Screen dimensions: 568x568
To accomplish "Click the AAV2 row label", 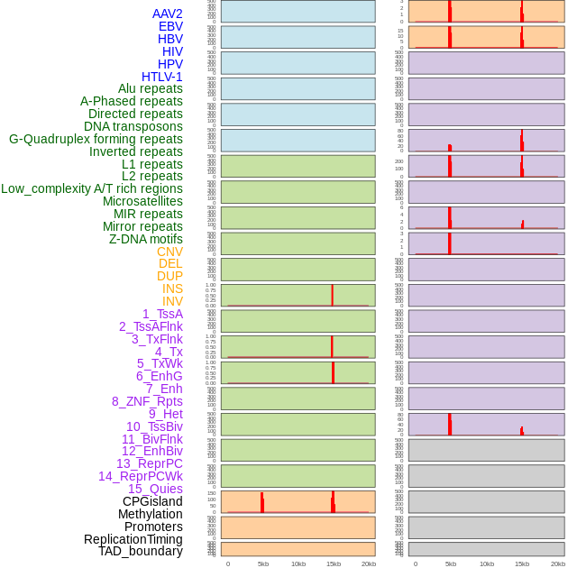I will coord(168,14).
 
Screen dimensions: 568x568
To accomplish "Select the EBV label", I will coord(170,26).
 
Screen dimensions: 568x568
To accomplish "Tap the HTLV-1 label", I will coord(162,77).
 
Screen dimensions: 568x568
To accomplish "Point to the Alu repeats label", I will coord(151,88).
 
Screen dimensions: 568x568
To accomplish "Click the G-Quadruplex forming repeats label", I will coord(96,139).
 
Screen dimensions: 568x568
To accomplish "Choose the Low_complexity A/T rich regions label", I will coord(92,188).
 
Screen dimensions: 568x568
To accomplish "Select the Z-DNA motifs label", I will coord(146,239).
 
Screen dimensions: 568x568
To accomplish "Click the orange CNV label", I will coord(169,252).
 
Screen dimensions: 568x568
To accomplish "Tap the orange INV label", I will coord(172,301).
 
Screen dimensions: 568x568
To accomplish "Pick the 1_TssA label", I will coord(162,314).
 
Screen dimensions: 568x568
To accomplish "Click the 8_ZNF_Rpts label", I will coord(147,401).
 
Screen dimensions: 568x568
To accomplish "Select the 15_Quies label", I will coord(155,489).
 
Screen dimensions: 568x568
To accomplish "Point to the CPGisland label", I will coord(152,501).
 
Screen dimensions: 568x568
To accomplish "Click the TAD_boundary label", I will coord(141,551).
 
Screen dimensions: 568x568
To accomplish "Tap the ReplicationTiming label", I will coord(133,539).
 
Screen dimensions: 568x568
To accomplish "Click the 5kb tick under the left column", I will coord(263,563).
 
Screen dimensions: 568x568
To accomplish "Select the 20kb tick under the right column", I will coord(558,563).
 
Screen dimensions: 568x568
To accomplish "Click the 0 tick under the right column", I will coord(416,563).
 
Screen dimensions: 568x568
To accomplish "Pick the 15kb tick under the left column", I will coord(334,563).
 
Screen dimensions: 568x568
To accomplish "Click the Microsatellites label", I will coord(142,201).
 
